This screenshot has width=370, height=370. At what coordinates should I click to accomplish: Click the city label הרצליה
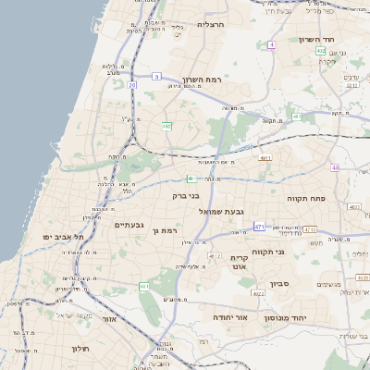tap(212, 25)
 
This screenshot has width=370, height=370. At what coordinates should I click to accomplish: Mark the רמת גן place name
tap(163, 230)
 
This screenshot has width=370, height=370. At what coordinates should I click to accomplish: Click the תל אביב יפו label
tap(63, 237)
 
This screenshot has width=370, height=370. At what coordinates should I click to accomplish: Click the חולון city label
tap(77, 349)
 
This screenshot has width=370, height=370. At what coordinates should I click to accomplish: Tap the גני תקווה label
tap(291, 251)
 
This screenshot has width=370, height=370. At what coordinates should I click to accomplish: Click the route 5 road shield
tap(157, 76)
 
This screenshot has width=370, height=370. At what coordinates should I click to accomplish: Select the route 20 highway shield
tap(132, 85)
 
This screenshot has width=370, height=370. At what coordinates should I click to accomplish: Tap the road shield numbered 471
tap(259, 227)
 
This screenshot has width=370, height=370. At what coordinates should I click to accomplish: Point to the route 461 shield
tap(144, 288)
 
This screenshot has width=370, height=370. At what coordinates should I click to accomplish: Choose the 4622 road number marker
tap(259, 293)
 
